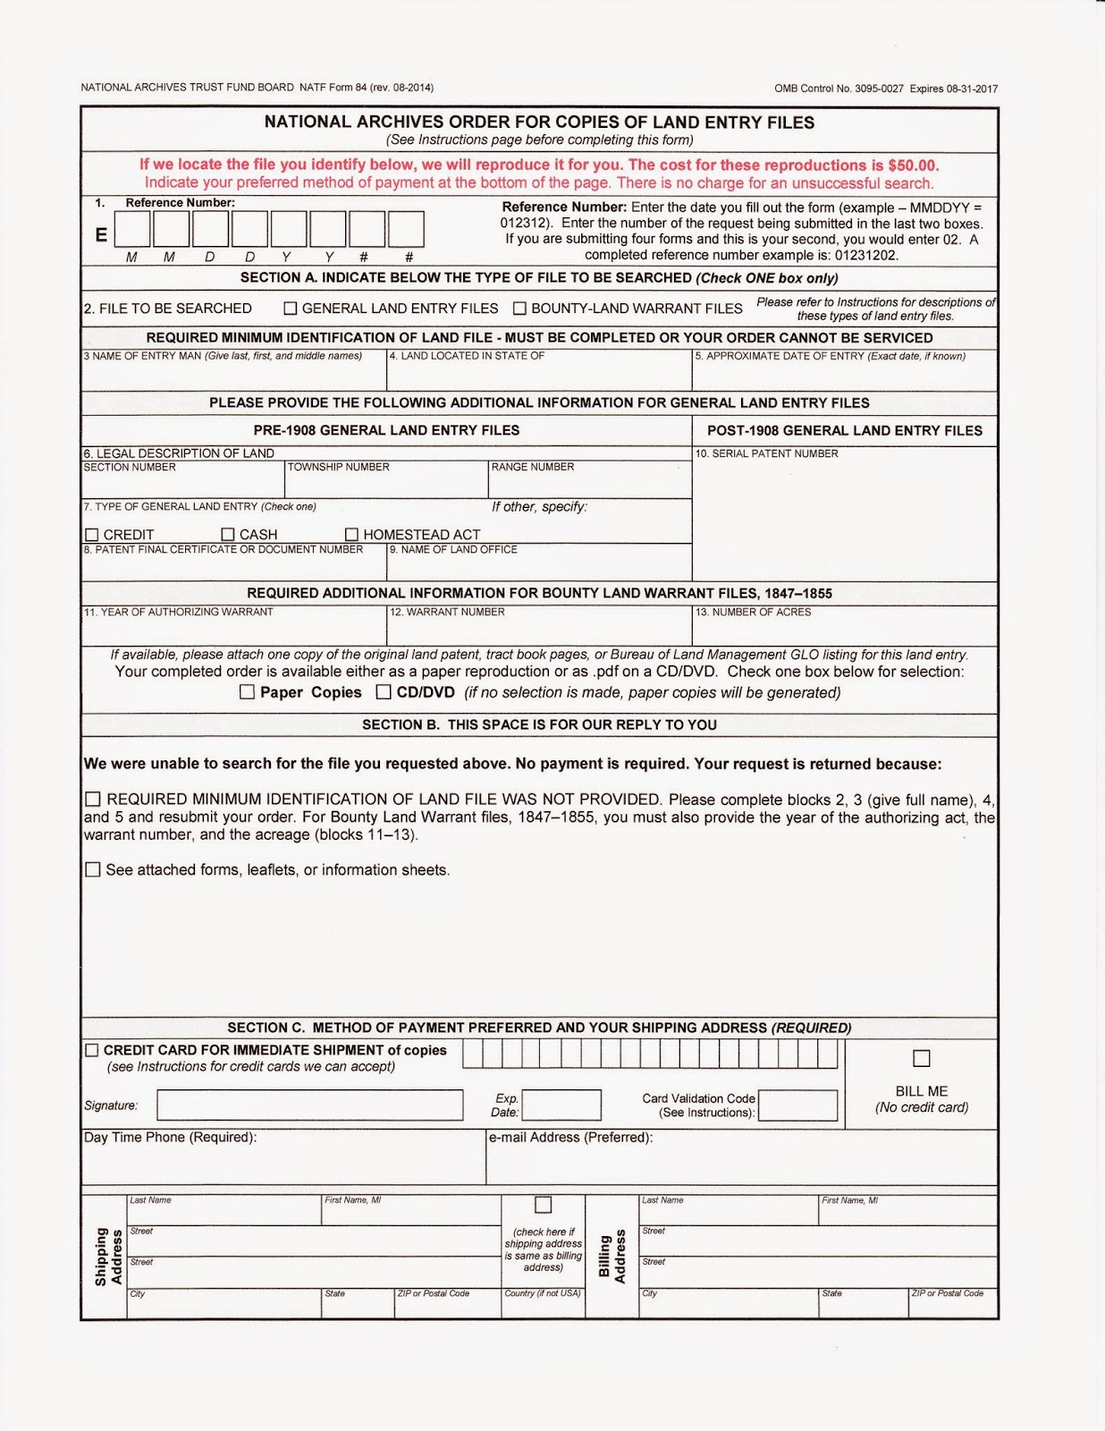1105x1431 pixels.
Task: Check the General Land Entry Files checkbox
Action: click(x=291, y=309)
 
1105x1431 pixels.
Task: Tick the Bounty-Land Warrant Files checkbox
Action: click(x=519, y=309)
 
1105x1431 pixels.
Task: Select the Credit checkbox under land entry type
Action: click(x=92, y=535)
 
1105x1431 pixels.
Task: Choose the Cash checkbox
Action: click(x=228, y=535)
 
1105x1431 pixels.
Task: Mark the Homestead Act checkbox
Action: click(x=351, y=535)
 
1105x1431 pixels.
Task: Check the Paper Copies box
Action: click(x=248, y=692)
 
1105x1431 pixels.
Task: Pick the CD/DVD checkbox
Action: click(x=384, y=692)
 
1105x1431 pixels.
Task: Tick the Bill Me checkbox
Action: click(x=922, y=1059)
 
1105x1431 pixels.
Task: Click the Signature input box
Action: click(x=309, y=1105)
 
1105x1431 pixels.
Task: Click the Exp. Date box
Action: click(x=561, y=1105)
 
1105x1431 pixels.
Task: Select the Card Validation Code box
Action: click(x=797, y=1105)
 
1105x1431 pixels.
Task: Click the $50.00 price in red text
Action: click(x=912, y=165)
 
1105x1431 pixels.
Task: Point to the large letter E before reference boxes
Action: click(x=101, y=234)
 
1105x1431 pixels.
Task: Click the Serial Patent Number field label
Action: click(x=767, y=454)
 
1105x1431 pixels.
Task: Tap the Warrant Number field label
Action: click(x=447, y=613)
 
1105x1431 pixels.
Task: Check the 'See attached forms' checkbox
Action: click(x=93, y=869)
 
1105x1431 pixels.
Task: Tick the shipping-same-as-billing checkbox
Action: click(x=543, y=1205)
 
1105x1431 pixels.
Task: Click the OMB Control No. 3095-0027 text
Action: click(x=839, y=89)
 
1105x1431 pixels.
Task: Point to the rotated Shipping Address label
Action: click(x=107, y=1257)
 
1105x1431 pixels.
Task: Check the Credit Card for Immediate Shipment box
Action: click(x=92, y=1050)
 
